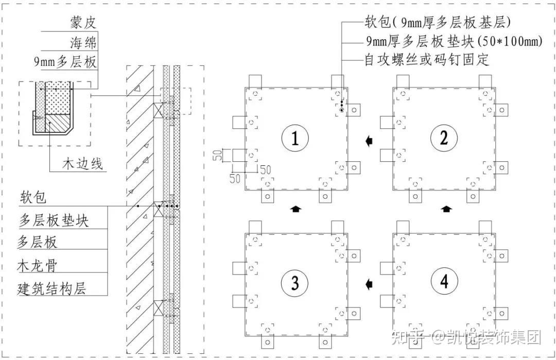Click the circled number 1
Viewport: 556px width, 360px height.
[295, 138]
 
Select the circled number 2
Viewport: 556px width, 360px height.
[444, 138]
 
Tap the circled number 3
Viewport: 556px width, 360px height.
[295, 283]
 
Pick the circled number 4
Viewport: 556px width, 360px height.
[444, 282]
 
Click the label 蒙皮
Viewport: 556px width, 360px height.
[83, 23]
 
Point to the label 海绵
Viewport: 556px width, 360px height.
[83, 43]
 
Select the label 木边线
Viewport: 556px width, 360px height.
[82, 164]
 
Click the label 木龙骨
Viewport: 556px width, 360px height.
[37, 265]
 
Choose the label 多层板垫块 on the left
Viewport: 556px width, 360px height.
[54, 220]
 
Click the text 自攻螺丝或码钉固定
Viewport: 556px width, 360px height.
[427, 60]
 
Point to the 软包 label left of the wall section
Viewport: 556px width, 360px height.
[33, 197]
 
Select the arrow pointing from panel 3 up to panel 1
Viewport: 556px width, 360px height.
[295, 209]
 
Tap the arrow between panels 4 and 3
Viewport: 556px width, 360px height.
[369, 284]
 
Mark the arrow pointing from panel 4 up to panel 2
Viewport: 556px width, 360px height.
[446, 209]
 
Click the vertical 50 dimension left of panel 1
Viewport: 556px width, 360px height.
[218, 155]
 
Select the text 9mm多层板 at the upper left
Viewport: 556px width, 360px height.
[65, 62]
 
